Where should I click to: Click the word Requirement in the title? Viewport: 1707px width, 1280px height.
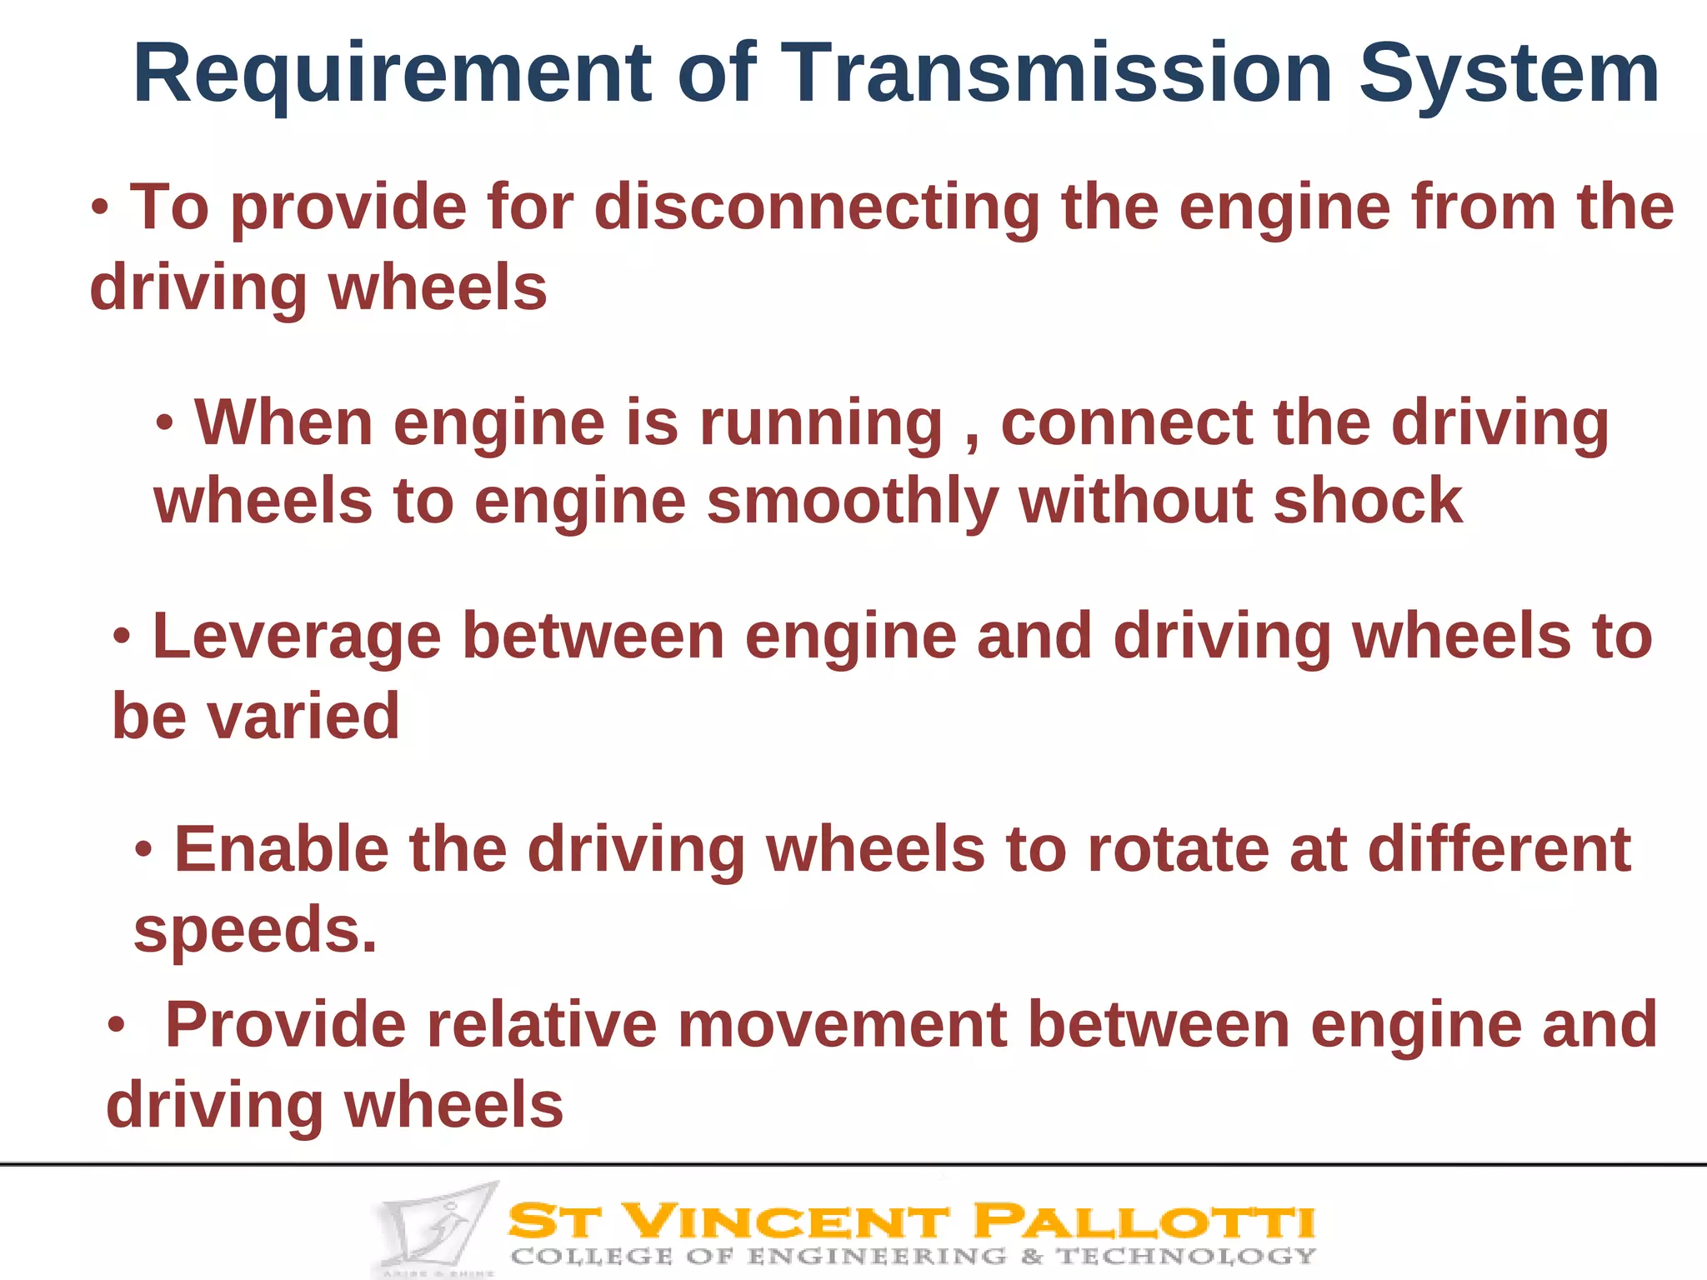[x=392, y=75]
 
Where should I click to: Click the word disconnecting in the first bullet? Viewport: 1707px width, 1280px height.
[x=817, y=208]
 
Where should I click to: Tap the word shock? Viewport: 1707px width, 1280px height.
[x=1367, y=501]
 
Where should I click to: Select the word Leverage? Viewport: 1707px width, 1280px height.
[x=297, y=637]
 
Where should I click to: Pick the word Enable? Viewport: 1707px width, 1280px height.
[x=281, y=850]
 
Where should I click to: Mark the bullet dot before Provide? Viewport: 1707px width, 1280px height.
[x=116, y=1026]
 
